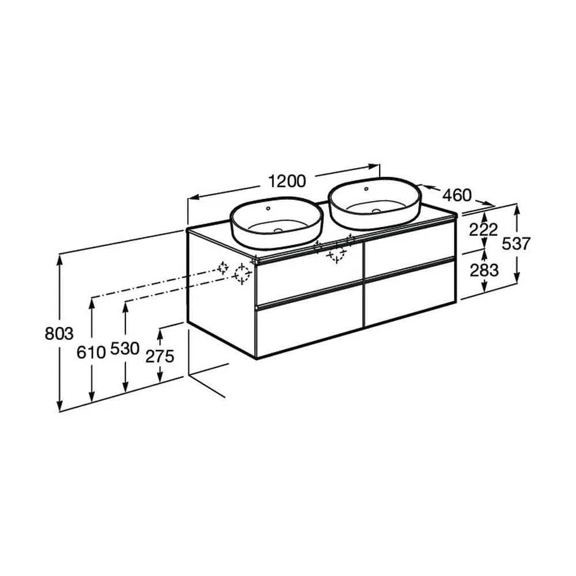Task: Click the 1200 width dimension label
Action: pyautogui.click(x=287, y=181)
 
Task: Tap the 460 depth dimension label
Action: pyautogui.click(x=457, y=195)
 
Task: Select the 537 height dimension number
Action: pyautogui.click(x=516, y=244)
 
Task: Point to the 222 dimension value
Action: pyautogui.click(x=483, y=230)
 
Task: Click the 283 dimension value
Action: pyautogui.click(x=484, y=270)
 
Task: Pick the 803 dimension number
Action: pyautogui.click(x=59, y=334)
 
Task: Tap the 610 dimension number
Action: pyautogui.click(x=91, y=353)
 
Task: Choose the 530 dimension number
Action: pyautogui.click(x=125, y=348)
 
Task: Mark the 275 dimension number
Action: pyautogui.click(x=160, y=357)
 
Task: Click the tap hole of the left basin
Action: pyautogui.click(x=268, y=209)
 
